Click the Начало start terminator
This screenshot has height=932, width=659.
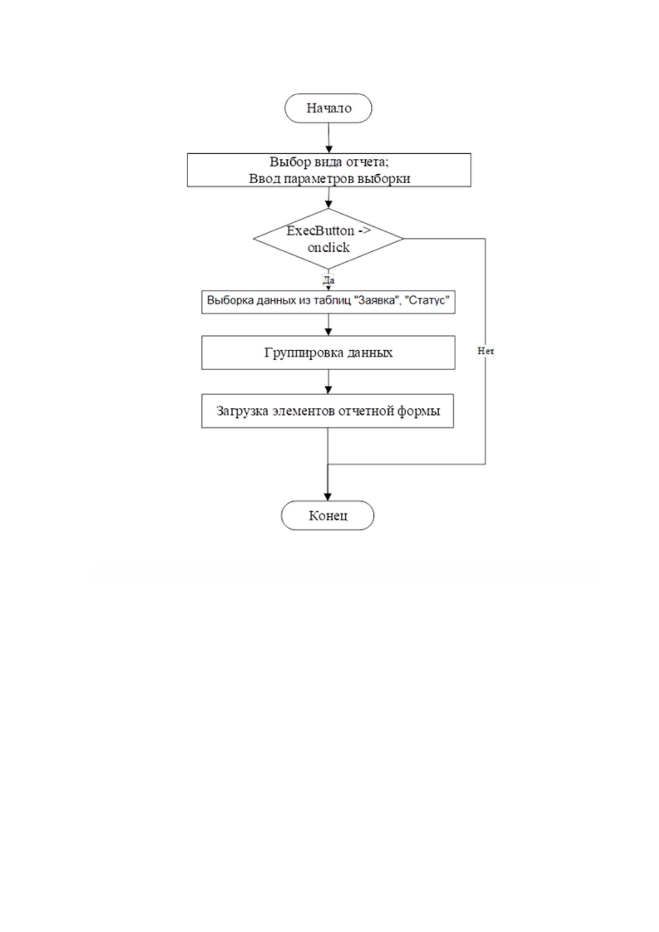click(328, 108)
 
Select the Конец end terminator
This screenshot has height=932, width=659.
click(328, 515)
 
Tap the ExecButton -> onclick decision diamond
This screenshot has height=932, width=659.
click(328, 239)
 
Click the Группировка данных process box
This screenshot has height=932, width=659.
click(328, 353)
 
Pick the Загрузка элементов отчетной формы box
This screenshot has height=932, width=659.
click(328, 411)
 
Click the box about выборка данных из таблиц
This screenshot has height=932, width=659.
click(328, 302)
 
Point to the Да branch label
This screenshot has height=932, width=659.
click(328, 280)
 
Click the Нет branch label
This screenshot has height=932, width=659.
click(485, 351)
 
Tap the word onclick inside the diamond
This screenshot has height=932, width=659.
click(329, 247)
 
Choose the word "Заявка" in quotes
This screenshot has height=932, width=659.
click(377, 300)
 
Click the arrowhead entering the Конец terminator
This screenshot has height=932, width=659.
click(328, 497)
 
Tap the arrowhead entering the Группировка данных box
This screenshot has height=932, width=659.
click(328, 332)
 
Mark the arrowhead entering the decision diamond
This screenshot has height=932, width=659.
click(328, 204)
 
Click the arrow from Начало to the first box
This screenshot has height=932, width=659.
click(329, 138)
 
